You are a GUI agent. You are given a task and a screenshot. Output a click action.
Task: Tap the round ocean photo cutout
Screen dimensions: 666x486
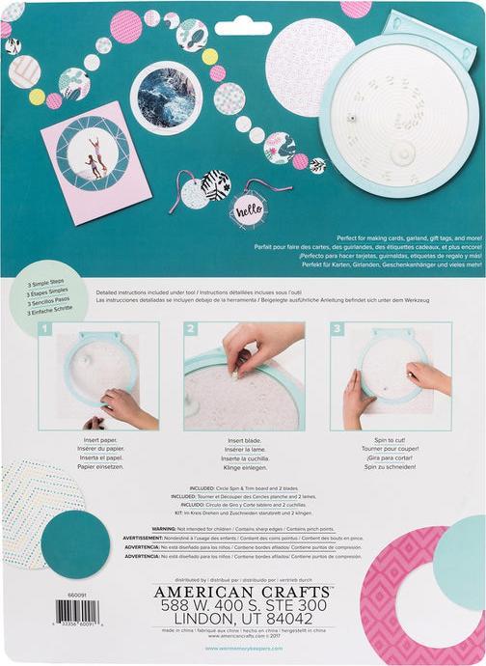pos(165,97)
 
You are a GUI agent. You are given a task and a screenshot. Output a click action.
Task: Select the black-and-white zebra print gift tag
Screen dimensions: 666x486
pos(215,183)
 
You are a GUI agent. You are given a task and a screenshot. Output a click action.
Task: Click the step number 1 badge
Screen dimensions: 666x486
pos(45,330)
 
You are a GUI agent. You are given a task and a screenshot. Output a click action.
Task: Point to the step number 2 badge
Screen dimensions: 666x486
pos(191,330)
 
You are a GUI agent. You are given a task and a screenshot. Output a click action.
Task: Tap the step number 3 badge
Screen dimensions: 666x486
pos(337,330)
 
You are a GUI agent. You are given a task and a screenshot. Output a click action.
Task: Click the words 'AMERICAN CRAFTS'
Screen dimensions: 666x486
pos(242,590)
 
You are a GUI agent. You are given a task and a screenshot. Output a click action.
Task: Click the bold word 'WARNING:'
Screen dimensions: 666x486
pos(157,530)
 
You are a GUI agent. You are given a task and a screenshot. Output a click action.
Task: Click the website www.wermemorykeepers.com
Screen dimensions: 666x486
pos(242,649)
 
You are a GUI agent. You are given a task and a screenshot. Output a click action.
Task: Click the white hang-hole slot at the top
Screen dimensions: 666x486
pos(243,29)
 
